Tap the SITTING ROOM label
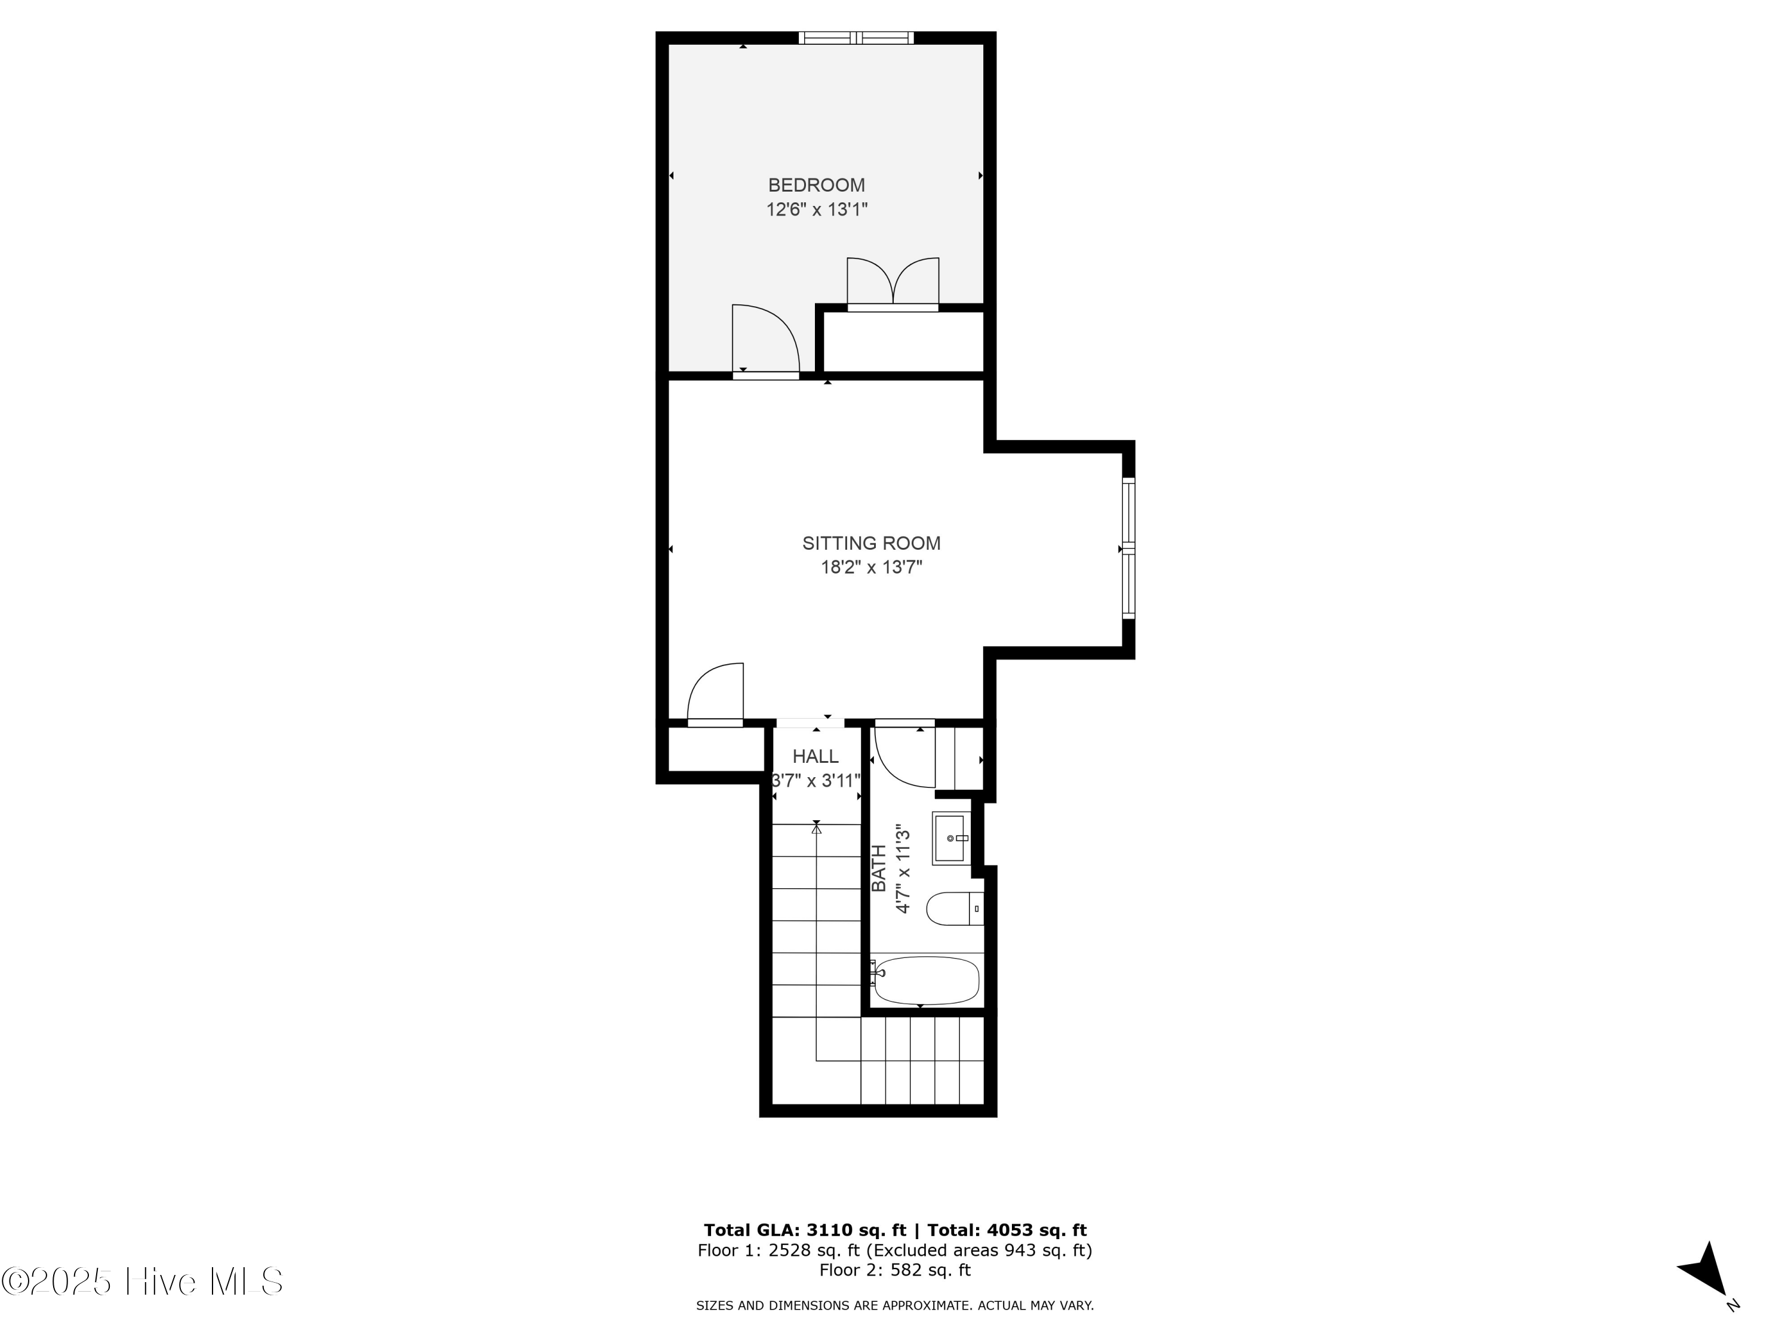point(871,543)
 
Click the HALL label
point(816,756)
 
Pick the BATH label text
point(879,868)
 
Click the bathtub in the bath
point(927,980)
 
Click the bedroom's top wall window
point(856,37)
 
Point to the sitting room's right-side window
point(1128,548)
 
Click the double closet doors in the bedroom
point(893,284)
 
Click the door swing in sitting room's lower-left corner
point(716,693)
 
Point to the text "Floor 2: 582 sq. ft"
point(895,1270)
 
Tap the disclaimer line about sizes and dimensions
point(895,1305)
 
